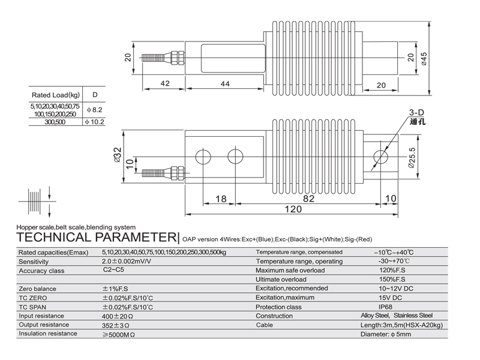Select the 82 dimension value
(309, 199)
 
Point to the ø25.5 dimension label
(412, 158)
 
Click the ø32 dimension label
(118, 155)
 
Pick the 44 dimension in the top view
(225, 84)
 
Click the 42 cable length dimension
(164, 84)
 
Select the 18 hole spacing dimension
(220, 199)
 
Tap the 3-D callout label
(416, 112)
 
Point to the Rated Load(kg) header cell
(55, 95)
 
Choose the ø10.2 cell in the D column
(95, 122)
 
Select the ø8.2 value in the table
(95, 110)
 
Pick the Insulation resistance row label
(48, 334)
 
